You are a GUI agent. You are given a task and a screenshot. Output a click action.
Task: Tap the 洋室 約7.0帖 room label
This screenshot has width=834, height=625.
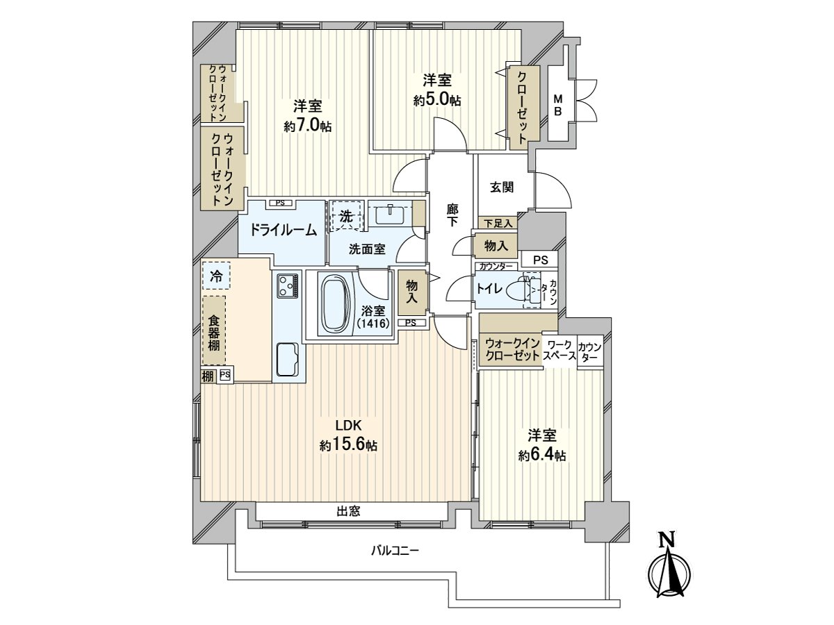coord(306,116)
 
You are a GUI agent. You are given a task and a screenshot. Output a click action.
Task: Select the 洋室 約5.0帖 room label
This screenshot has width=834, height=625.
coord(436,90)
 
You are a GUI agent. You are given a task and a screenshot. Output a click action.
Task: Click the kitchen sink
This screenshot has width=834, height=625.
coord(287,360)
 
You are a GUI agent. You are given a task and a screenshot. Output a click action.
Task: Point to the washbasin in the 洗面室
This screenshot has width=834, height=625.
coord(389,215)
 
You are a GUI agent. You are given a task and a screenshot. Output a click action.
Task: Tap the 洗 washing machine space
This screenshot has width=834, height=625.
coord(346,215)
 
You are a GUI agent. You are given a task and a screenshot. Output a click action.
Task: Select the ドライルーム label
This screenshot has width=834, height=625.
coord(279,231)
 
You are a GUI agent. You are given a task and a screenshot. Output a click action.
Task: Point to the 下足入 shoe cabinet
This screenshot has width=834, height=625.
coord(498,223)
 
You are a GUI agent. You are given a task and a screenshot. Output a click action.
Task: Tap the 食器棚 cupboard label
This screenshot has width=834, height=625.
coord(215,331)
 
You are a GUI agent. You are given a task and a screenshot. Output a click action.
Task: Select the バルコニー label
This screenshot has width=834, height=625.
coord(394,551)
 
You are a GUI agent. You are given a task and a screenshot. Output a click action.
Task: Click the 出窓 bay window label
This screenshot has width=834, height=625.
coord(348,512)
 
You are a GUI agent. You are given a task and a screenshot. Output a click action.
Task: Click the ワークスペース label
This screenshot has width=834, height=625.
coord(559,350)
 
